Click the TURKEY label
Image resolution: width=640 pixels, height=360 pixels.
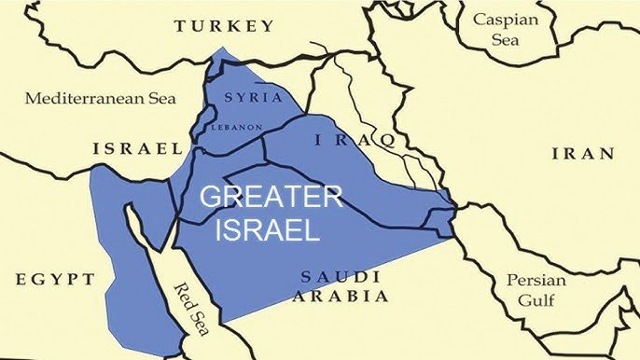coord(224,25)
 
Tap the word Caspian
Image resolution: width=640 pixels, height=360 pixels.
coord(505,19)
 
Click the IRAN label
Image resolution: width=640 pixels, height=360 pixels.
coord(583,154)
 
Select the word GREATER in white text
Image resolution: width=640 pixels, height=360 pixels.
coord(272,197)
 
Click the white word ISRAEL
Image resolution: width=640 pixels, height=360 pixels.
coord(269,228)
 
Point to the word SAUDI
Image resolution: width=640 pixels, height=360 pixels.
coord(341,276)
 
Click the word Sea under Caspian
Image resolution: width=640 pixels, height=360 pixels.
coord(505,40)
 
